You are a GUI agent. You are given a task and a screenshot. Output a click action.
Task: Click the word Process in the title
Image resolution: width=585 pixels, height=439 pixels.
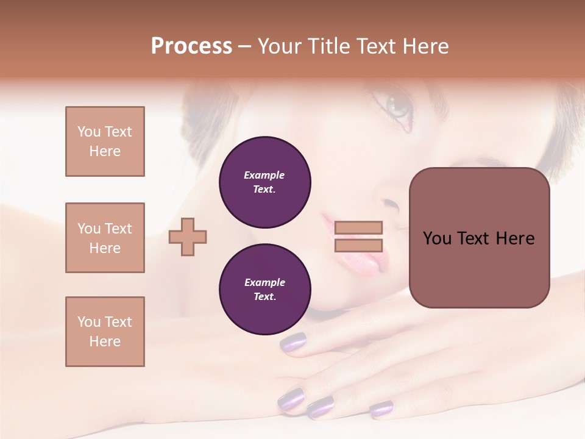(191, 46)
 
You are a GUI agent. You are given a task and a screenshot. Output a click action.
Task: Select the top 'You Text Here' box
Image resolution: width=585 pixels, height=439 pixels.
(105, 141)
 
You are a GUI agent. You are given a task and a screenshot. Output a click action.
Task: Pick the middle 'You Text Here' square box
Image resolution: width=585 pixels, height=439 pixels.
(105, 238)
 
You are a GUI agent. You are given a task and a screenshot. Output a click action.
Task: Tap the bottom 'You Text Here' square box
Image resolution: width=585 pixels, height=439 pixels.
(105, 332)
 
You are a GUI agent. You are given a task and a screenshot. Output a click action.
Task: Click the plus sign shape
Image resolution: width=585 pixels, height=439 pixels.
(188, 237)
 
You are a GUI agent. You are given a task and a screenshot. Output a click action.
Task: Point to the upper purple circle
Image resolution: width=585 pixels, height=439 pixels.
(264, 182)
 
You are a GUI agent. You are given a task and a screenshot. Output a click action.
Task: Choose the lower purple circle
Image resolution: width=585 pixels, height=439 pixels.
(264, 290)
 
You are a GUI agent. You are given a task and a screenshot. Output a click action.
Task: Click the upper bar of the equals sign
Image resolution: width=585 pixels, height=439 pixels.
(358, 227)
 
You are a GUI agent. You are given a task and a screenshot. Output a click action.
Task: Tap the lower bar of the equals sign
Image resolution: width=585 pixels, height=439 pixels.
(358, 246)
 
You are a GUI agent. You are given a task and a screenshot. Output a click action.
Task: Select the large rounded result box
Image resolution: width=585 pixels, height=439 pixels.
(479, 238)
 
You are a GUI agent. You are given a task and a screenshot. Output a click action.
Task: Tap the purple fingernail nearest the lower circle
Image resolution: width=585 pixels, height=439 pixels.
(294, 342)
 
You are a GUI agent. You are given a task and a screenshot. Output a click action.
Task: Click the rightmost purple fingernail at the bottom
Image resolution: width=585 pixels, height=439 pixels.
(381, 409)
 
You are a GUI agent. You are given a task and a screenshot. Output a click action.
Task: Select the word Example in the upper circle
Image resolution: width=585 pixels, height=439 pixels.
(264, 175)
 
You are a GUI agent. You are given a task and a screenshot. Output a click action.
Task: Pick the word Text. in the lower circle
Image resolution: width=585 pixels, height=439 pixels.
(264, 297)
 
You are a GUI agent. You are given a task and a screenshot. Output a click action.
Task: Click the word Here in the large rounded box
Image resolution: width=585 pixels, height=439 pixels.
(515, 238)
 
